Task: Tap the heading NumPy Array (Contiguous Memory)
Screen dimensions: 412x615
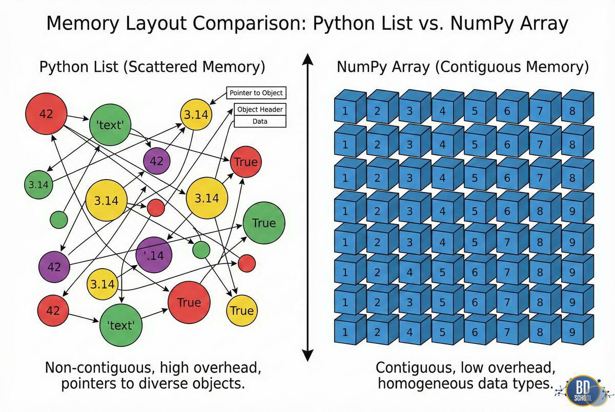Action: (x=462, y=67)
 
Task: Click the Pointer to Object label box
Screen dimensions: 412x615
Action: (x=255, y=93)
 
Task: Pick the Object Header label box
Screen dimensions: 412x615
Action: (x=260, y=110)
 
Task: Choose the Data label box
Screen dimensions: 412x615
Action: (x=260, y=121)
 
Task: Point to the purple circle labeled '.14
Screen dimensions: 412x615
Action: (x=154, y=255)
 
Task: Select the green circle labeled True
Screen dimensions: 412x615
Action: (x=263, y=223)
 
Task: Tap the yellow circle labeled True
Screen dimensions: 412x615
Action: (x=241, y=311)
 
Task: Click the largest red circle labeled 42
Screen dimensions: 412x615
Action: (x=46, y=114)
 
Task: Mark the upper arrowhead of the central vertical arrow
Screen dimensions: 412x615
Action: (x=307, y=61)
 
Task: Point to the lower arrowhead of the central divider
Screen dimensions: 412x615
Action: (x=307, y=354)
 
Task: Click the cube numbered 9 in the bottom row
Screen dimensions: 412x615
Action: (x=572, y=332)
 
